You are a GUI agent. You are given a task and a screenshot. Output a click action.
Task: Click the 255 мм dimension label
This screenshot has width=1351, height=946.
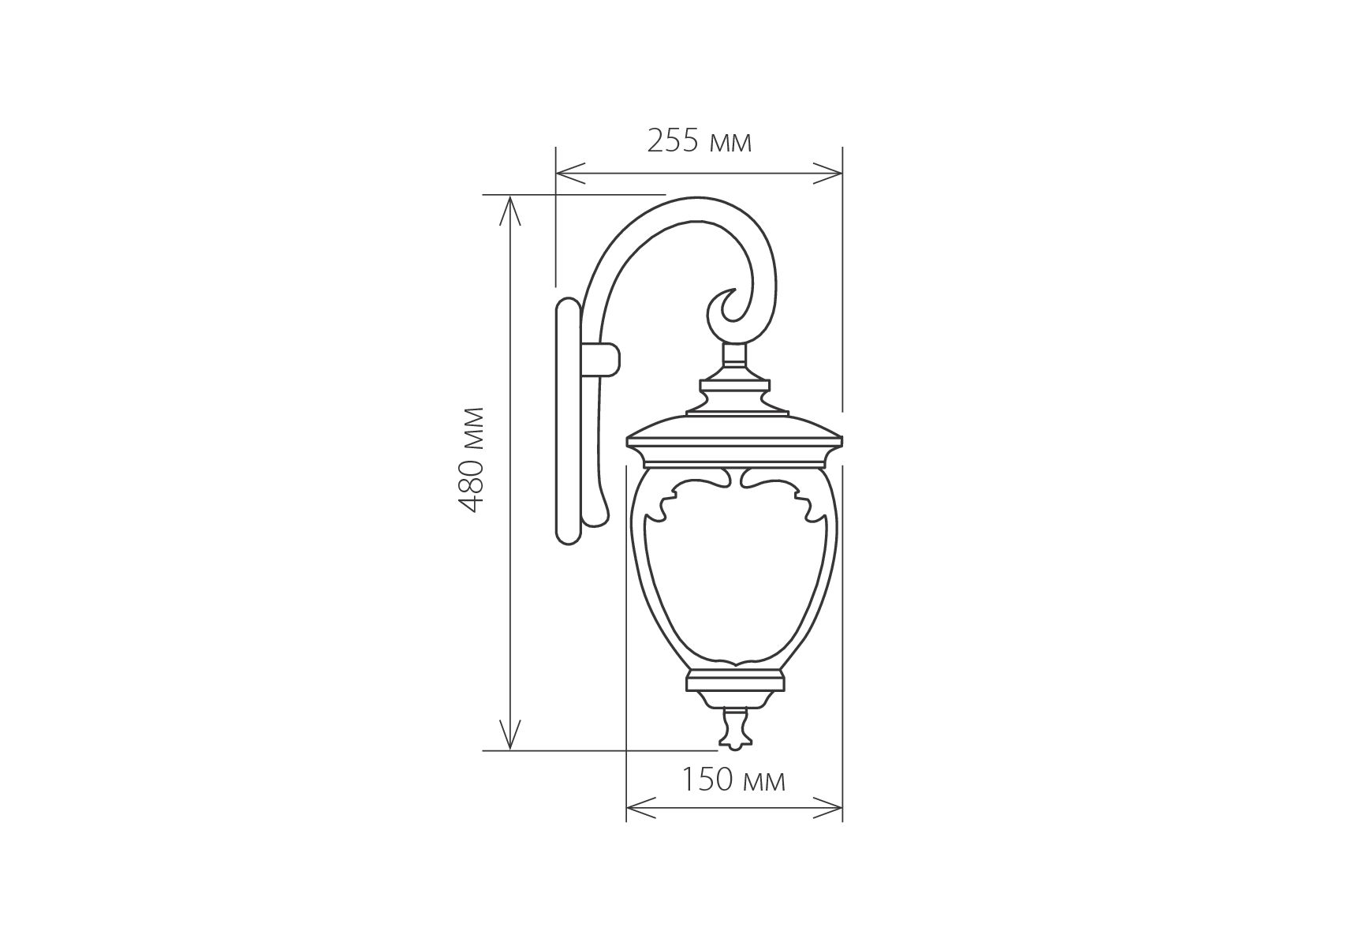pos(699,141)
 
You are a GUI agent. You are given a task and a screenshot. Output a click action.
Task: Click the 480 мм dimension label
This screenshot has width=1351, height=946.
pos(471,460)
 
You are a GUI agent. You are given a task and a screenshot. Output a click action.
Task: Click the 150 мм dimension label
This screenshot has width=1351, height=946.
pos(733,780)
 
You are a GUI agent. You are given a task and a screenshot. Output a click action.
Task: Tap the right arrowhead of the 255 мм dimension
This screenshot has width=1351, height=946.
pos(827,173)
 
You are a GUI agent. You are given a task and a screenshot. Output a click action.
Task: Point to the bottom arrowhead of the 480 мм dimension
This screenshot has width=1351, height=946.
pos(510,735)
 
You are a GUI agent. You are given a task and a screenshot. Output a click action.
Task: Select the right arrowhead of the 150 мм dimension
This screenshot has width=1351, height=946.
pos(827,807)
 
